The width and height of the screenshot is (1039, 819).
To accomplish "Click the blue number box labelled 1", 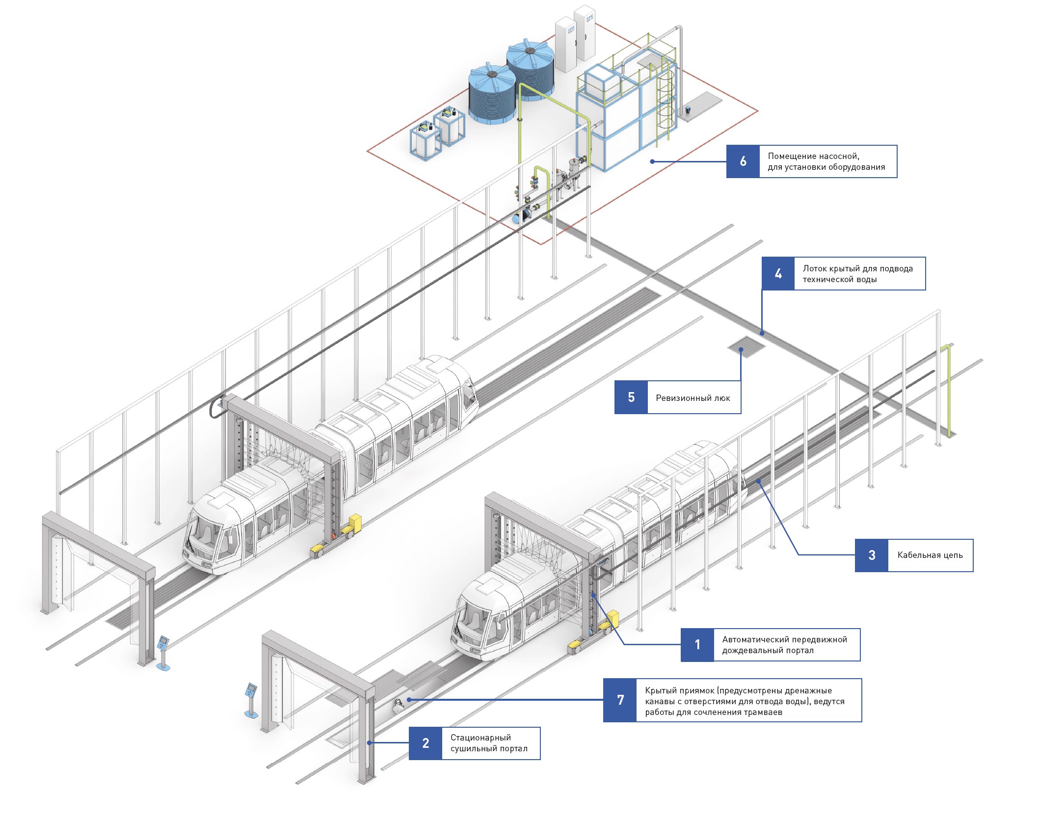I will [x=697, y=645].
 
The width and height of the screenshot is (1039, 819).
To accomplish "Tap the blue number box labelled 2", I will [x=426, y=743].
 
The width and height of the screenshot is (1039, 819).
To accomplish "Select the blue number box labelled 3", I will [x=872, y=555].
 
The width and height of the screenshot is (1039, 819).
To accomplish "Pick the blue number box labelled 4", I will [x=778, y=273].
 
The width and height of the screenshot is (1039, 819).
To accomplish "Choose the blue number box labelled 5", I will [x=631, y=397].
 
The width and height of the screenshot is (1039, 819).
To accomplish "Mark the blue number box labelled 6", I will [x=743, y=161].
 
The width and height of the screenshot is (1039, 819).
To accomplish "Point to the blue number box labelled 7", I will [x=620, y=700].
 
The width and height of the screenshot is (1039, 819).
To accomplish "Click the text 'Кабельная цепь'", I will [x=930, y=555].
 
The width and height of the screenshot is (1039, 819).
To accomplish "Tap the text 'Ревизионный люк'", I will [x=693, y=397].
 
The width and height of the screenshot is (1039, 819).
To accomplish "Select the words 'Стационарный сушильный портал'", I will [x=489, y=743].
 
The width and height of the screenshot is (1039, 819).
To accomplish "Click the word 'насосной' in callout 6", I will [x=838, y=156].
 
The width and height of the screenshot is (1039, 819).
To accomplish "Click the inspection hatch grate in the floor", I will [x=746, y=346].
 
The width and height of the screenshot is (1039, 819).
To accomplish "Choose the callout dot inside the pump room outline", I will [x=652, y=161].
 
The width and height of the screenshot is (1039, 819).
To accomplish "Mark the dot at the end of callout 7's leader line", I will [x=408, y=700].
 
